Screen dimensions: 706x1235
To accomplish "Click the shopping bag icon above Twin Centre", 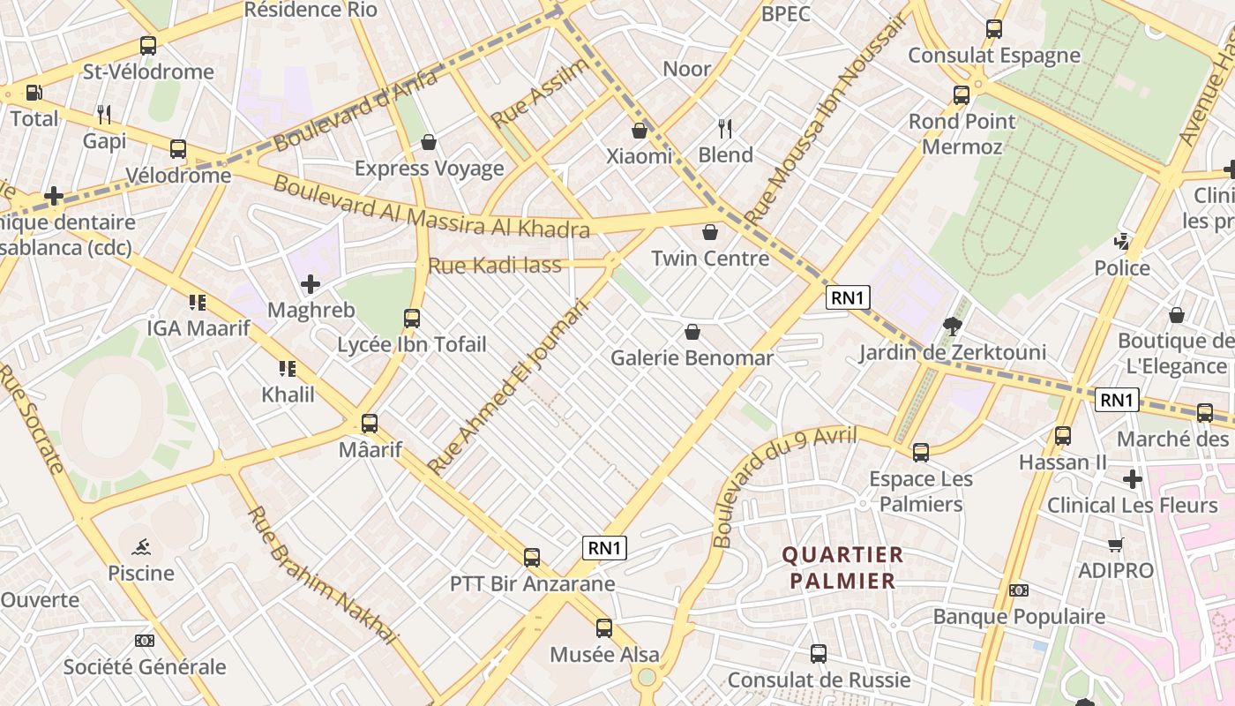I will tap(710, 232).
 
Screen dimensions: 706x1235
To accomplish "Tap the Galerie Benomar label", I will tap(692, 357).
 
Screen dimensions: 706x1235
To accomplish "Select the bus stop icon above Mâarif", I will tap(370, 424).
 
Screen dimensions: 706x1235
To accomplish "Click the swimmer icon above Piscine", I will tap(141, 547).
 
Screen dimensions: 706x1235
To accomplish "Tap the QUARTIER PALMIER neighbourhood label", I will tap(842, 567).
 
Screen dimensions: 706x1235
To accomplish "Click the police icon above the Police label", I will tap(1122, 241).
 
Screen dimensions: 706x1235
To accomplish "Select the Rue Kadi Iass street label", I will tap(494, 265).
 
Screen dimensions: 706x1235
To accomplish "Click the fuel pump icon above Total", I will tap(34, 92).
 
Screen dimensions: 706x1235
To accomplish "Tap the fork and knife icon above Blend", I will tap(725, 129).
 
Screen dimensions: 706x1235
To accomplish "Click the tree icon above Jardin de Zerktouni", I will tap(952, 327).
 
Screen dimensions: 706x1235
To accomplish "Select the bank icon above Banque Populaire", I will tap(1019, 590).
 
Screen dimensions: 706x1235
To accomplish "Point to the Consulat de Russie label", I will tap(819, 680).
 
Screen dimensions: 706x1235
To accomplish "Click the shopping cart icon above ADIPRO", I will tap(1116, 545).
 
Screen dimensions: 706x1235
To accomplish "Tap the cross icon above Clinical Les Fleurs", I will tap(1133, 479).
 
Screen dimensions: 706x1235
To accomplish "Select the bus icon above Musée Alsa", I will tap(604, 628).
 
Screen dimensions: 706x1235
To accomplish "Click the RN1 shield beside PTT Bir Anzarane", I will tap(604, 548).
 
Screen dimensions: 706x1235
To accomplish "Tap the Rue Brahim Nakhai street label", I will tap(322, 574).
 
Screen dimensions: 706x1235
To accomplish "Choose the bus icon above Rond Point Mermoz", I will tap(962, 95).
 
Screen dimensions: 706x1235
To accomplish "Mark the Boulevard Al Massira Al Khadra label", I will tap(430, 207).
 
